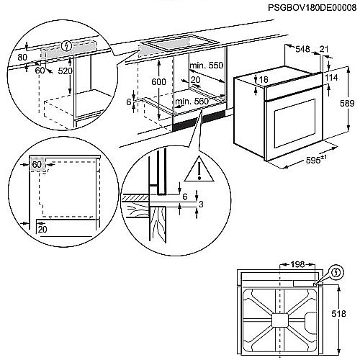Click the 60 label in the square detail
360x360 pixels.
(37, 166)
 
